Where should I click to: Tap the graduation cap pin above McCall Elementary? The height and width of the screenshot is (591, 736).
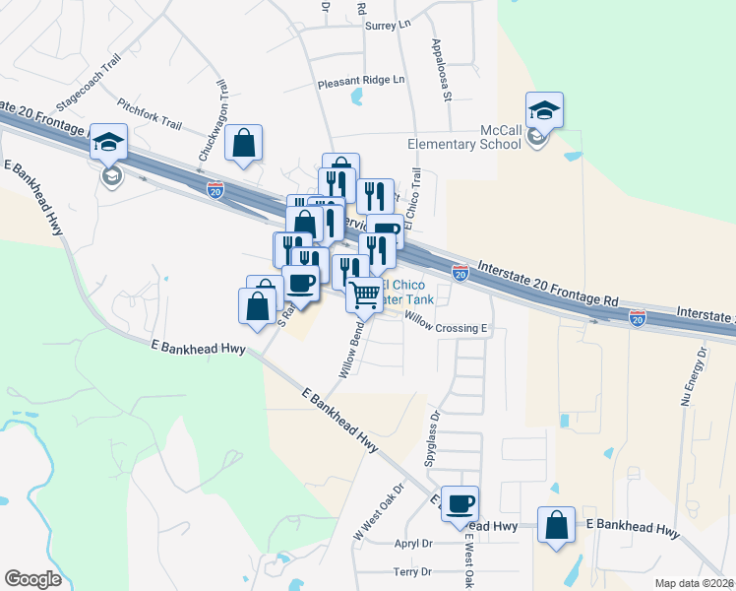pyautogui.click(x=544, y=109)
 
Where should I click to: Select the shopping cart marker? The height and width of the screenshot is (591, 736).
pyautogui.click(x=364, y=294)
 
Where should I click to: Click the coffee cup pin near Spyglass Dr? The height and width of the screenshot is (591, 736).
pyautogui.click(x=460, y=504)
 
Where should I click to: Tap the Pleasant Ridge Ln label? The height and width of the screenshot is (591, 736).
pyautogui.click(x=361, y=83)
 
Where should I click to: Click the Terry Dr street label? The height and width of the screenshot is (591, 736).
pyautogui.click(x=412, y=571)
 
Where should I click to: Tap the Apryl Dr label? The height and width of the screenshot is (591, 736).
pyautogui.click(x=413, y=543)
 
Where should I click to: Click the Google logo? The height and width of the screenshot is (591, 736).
pyautogui.click(x=32, y=579)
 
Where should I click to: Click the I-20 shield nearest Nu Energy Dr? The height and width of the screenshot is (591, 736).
pyautogui.click(x=637, y=317)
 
